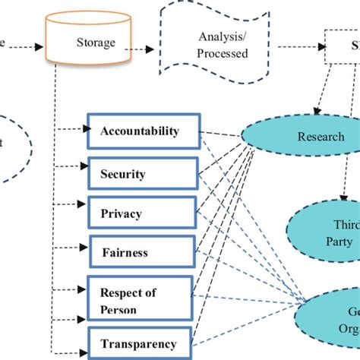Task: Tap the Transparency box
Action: coord(138,343)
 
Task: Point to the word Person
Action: coord(118,310)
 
